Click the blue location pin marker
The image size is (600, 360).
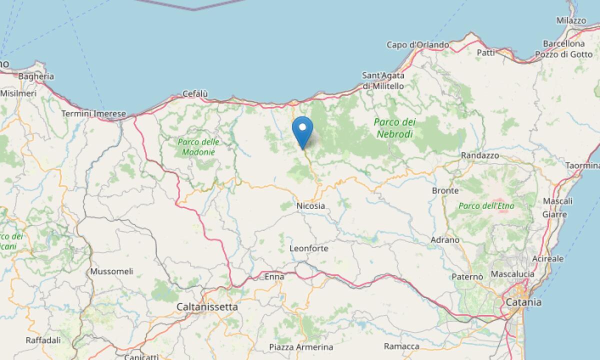pos(302,128)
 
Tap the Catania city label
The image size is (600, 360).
pos(523,302)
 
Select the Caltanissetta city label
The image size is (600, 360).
pos(207,306)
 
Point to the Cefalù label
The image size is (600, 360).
pos(195,93)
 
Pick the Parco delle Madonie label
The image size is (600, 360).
pos(198,147)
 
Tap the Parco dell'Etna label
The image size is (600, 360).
pos(486,205)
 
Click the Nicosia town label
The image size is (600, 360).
pos(310,205)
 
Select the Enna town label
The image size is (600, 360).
pos(274,276)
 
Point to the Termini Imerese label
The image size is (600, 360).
pos(93,114)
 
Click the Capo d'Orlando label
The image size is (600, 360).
pos(417,45)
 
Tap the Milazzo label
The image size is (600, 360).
pos(571,20)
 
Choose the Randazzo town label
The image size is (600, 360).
pos(480,155)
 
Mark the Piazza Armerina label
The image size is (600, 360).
pos(301,347)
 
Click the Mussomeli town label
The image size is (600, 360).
pos(111,271)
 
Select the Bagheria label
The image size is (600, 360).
pos(36,76)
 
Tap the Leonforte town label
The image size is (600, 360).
pos(309,248)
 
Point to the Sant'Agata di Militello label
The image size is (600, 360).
pos(383,80)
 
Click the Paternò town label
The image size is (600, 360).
pos(467,276)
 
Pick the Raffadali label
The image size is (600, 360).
pos(43,340)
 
